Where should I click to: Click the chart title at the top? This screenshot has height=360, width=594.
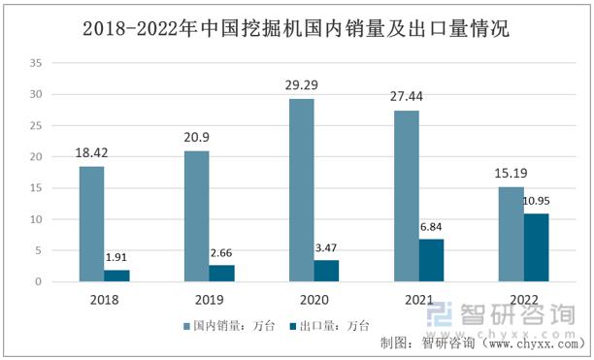(x=296, y=28)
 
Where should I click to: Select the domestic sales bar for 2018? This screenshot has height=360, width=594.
(x=91, y=224)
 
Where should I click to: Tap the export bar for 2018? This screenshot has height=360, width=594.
(x=117, y=276)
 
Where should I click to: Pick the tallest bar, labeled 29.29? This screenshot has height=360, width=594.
(x=301, y=190)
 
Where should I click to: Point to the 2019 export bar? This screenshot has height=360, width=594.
(x=222, y=274)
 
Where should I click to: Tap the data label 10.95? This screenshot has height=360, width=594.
(x=537, y=202)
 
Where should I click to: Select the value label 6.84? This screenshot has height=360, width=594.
(x=433, y=227)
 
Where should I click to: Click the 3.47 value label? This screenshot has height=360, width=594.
(x=327, y=248)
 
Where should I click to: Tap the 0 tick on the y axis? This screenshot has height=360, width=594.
(x=39, y=282)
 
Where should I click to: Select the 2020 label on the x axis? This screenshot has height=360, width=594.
(x=313, y=300)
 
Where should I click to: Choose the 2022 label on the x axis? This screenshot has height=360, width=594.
(x=523, y=300)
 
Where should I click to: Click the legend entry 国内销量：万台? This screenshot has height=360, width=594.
(x=227, y=326)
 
